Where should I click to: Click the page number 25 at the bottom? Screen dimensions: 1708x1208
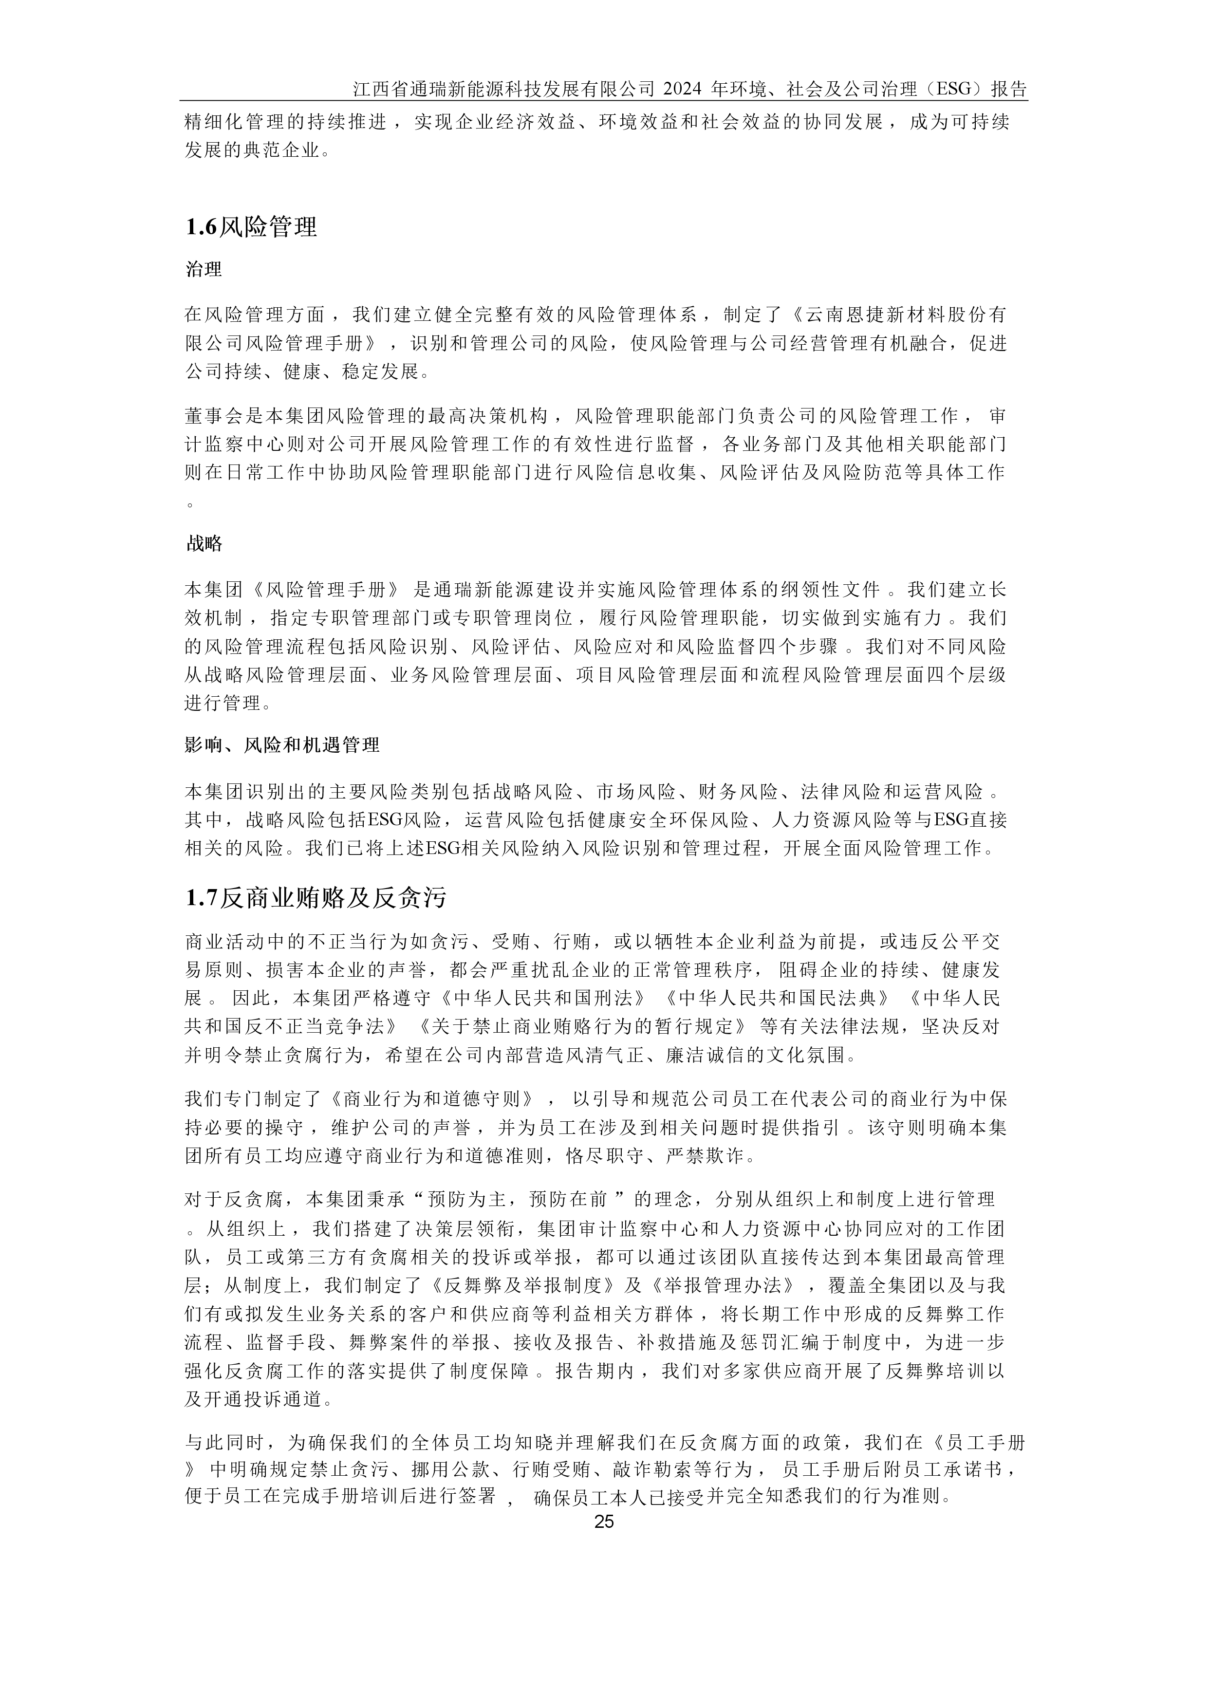pyautogui.click(x=604, y=1522)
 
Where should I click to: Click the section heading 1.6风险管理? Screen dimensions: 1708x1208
pyautogui.click(x=251, y=227)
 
